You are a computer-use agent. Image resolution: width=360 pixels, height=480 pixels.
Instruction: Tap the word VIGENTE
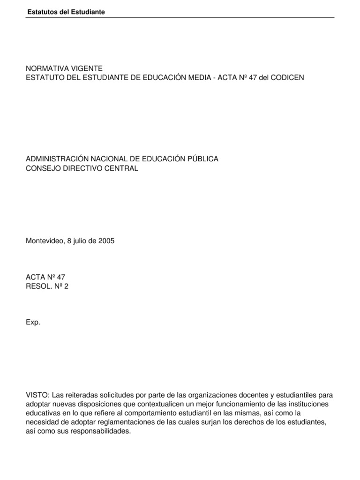point(86,68)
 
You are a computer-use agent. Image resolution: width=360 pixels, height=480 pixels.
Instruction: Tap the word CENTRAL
point(121,168)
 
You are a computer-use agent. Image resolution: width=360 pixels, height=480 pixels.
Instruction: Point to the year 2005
point(106,241)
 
